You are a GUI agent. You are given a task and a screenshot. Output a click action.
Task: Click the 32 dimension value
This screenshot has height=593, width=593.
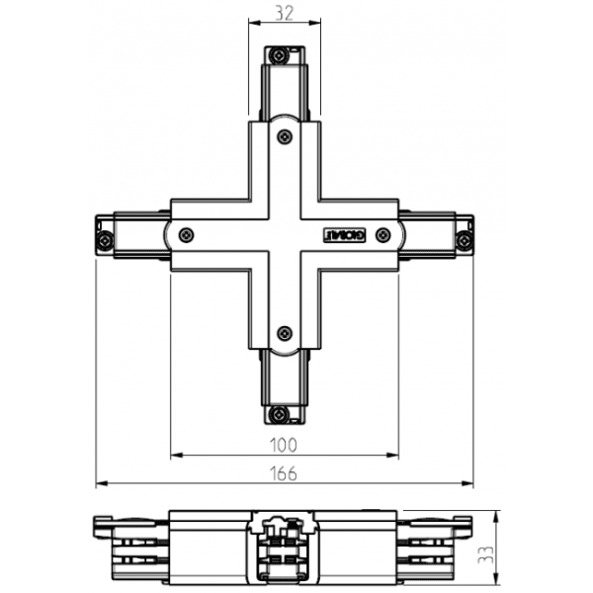(x=285, y=13)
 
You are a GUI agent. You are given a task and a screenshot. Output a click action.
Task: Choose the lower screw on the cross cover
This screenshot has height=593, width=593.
(x=284, y=333)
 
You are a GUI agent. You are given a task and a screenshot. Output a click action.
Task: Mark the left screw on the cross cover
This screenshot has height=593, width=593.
(x=187, y=235)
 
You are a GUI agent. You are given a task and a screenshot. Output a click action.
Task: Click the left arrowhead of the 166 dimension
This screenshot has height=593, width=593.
(x=99, y=484)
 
